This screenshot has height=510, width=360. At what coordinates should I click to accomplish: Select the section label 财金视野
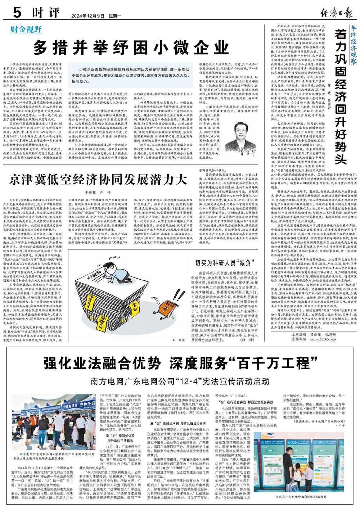coord(26,29)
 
